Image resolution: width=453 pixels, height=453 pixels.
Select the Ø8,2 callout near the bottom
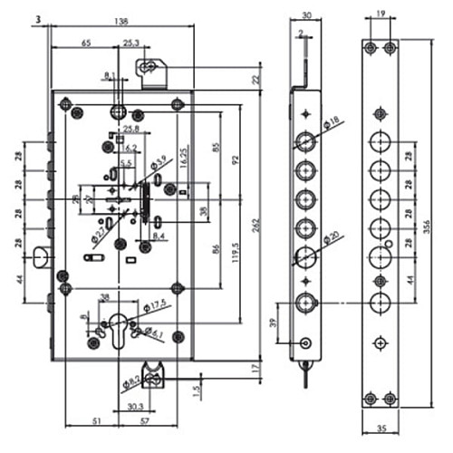tap(130, 385)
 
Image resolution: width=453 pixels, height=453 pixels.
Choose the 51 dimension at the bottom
tap(97, 421)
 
